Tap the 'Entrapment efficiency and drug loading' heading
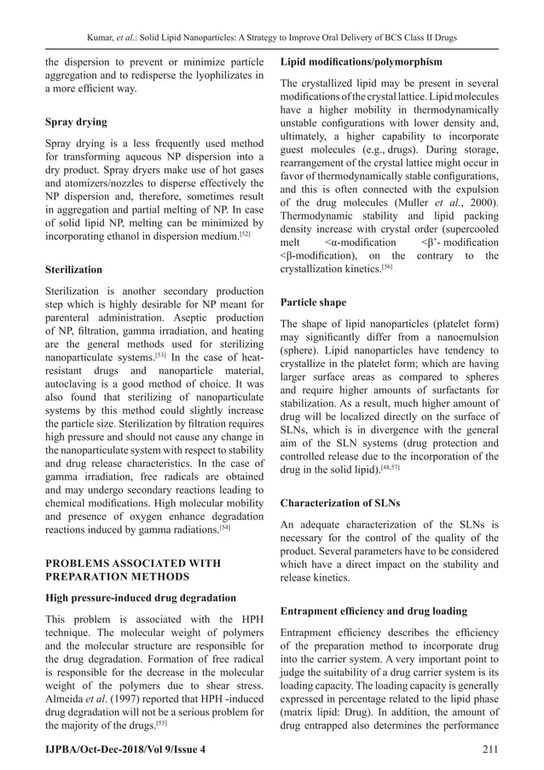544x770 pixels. (x=373, y=612)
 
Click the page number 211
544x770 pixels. (x=489, y=749)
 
